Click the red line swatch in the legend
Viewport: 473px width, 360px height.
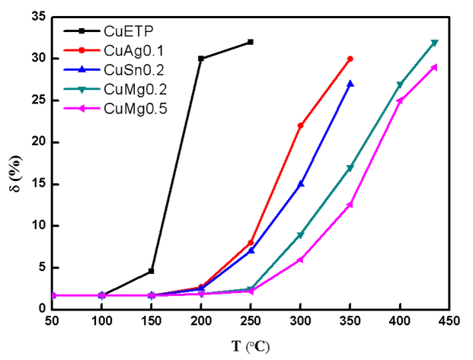click(x=81, y=50)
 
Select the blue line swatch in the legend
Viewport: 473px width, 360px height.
click(x=81, y=70)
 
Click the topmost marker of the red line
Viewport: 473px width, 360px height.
click(x=351, y=57)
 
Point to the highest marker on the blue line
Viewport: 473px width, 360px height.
click(x=351, y=81)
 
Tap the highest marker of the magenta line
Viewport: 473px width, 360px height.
click(x=436, y=66)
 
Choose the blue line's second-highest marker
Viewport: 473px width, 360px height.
click(x=302, y=184)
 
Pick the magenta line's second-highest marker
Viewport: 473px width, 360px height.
click(x=400, y=100)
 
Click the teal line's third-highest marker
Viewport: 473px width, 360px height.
click(x=351, y=167)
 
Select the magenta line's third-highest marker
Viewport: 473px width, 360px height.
click(x=351, y=204)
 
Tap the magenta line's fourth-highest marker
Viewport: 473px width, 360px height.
click(x=302, y=260)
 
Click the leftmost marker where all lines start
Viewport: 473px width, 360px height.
click(x=55, y=295)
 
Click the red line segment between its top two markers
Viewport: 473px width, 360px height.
click(x=326, y=91)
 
